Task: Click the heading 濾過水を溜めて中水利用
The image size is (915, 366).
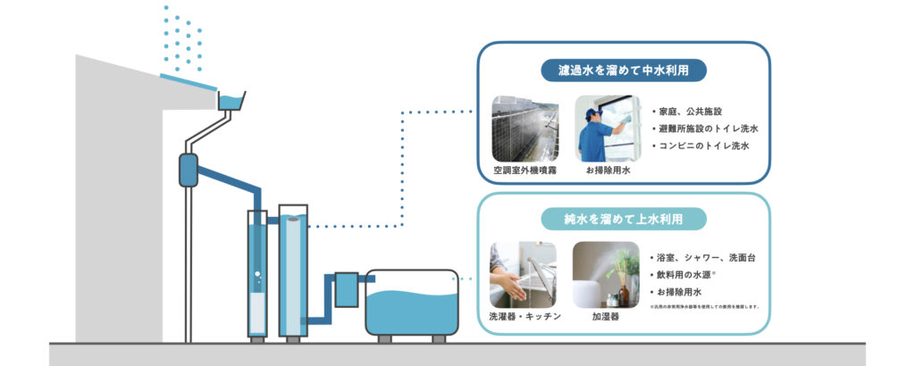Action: point(625,70)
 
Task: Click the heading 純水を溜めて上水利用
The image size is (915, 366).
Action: point(624,218)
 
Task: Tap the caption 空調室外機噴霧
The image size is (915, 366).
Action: point(525,169)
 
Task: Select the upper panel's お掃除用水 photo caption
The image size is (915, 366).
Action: point(608,169)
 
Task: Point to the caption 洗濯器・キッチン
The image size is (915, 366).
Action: point(525,316)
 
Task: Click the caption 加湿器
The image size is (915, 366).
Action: point(606,316)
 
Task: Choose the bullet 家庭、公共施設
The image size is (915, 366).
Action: point(689,112)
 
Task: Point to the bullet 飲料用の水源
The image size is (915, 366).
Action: point(689,275)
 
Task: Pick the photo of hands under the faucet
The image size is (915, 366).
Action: point(523,275)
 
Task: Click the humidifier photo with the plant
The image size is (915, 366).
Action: point(606,275)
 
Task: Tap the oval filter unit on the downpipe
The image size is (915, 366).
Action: point(189,170)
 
